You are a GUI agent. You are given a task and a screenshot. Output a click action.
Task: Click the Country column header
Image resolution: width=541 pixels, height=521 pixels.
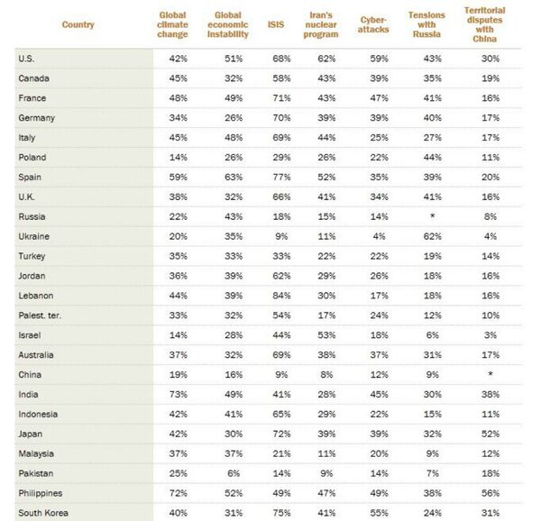click(78, 24)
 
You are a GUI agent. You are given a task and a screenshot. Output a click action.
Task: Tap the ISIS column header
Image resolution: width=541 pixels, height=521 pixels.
click(275, 24)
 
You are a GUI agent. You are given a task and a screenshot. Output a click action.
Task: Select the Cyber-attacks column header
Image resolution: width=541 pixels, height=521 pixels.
click(373, 24)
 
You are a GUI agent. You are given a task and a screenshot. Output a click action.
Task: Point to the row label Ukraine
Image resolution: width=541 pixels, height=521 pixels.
click(33, 236)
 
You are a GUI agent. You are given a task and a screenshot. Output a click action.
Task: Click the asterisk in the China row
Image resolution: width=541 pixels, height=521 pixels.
click(490, 375)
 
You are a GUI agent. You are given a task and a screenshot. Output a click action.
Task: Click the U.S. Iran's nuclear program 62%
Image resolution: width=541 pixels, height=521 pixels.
click(326, 59)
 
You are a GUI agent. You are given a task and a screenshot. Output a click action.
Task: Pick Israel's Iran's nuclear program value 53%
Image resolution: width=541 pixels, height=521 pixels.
click(326, 334)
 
